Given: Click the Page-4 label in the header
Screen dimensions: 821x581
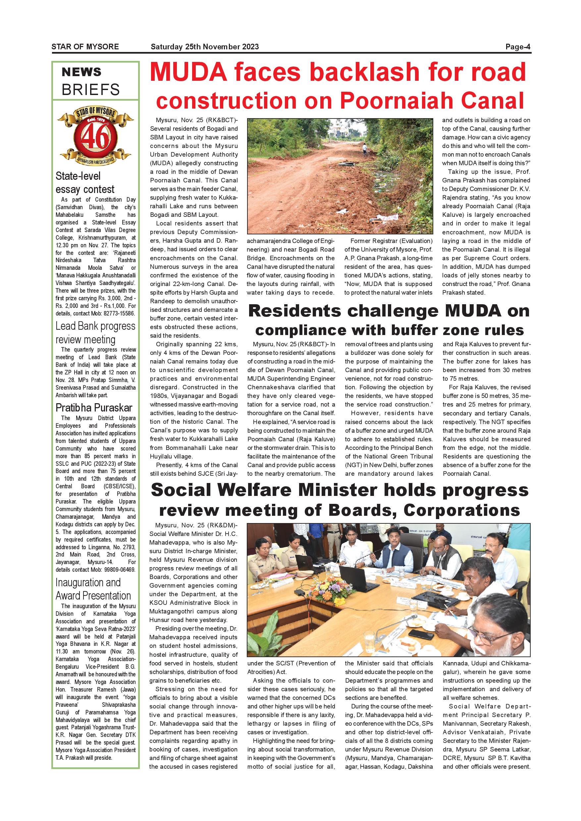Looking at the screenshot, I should [x=518, y=47].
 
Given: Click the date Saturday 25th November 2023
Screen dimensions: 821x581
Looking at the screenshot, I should [x=205, y=47].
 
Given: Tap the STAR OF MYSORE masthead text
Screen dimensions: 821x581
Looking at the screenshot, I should [x=85, y=47].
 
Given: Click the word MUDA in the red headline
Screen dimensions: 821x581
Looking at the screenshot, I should [x=188, y=72].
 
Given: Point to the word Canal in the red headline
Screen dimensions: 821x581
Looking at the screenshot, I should [x=495, y=101].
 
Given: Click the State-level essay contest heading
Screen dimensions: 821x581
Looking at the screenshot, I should [x=85, y=182].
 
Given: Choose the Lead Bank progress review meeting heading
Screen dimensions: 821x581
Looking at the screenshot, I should [x=95, y=333].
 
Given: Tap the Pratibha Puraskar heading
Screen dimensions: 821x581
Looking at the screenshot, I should [x=94, y=408].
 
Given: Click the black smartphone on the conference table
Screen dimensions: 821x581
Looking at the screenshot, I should [x=421, y=635].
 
